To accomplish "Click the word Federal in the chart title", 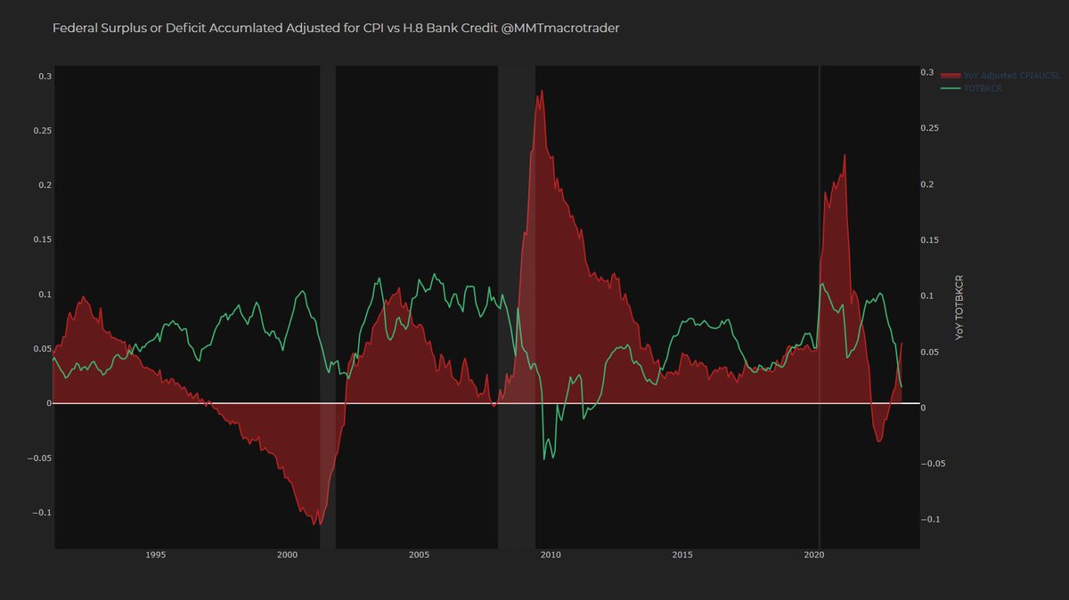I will (x=75, y=28).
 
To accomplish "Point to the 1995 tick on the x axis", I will (x=155, y=555).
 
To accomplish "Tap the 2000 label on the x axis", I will (x=287, y=555).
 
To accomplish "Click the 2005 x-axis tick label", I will (x=419, y=555).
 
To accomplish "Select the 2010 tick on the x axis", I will (x=551, y=555).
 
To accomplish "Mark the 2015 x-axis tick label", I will (x=682, y=555).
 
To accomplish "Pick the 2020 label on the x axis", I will (x=814, y=555).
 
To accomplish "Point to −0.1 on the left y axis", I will (x=40, y=513).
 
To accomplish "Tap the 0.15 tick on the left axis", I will (x=42, y=239).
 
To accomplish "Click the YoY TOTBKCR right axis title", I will (x=959, y=307).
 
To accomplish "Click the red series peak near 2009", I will (x=542, y=91).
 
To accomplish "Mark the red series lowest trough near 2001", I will (x=317, y=524).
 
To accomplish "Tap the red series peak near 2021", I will (x=844, y=156).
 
